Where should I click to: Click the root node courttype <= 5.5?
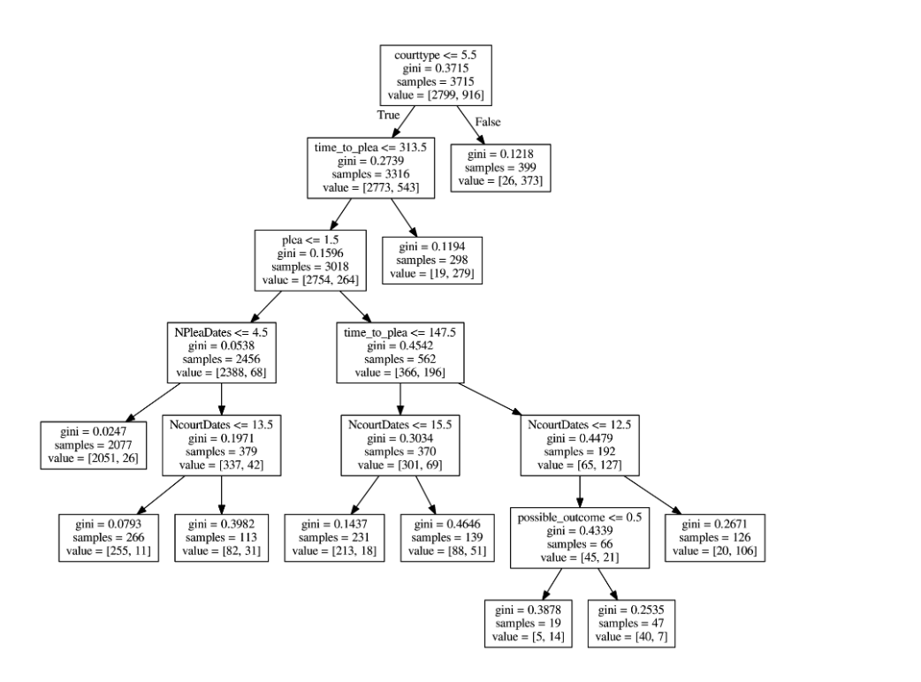tap(434, 74)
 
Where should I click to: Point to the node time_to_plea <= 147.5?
tap(400, 352)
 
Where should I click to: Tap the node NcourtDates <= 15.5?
tap(400, 444)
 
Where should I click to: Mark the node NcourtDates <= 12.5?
tap(580, 444)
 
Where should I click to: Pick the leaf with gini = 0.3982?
tap(219, 536)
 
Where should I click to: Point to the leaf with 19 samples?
tap(529, 623)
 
